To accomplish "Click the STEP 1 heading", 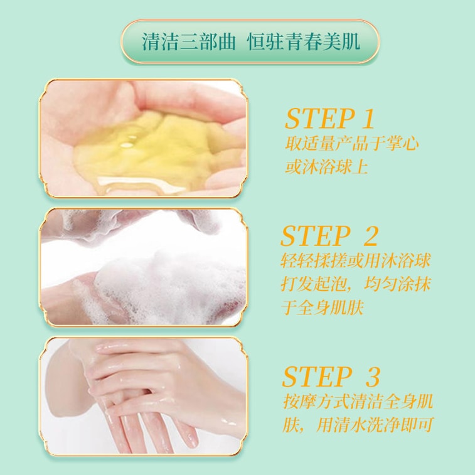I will [329, 119].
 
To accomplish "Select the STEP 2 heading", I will [329, 236].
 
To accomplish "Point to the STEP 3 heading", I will [331, 376].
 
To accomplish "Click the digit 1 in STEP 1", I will [368, 119].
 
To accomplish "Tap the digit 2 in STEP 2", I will [370, 236].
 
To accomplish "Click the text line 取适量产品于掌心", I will [352, 144].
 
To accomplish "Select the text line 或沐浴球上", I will [326, 168].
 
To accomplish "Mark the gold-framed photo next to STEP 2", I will [144, 267].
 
